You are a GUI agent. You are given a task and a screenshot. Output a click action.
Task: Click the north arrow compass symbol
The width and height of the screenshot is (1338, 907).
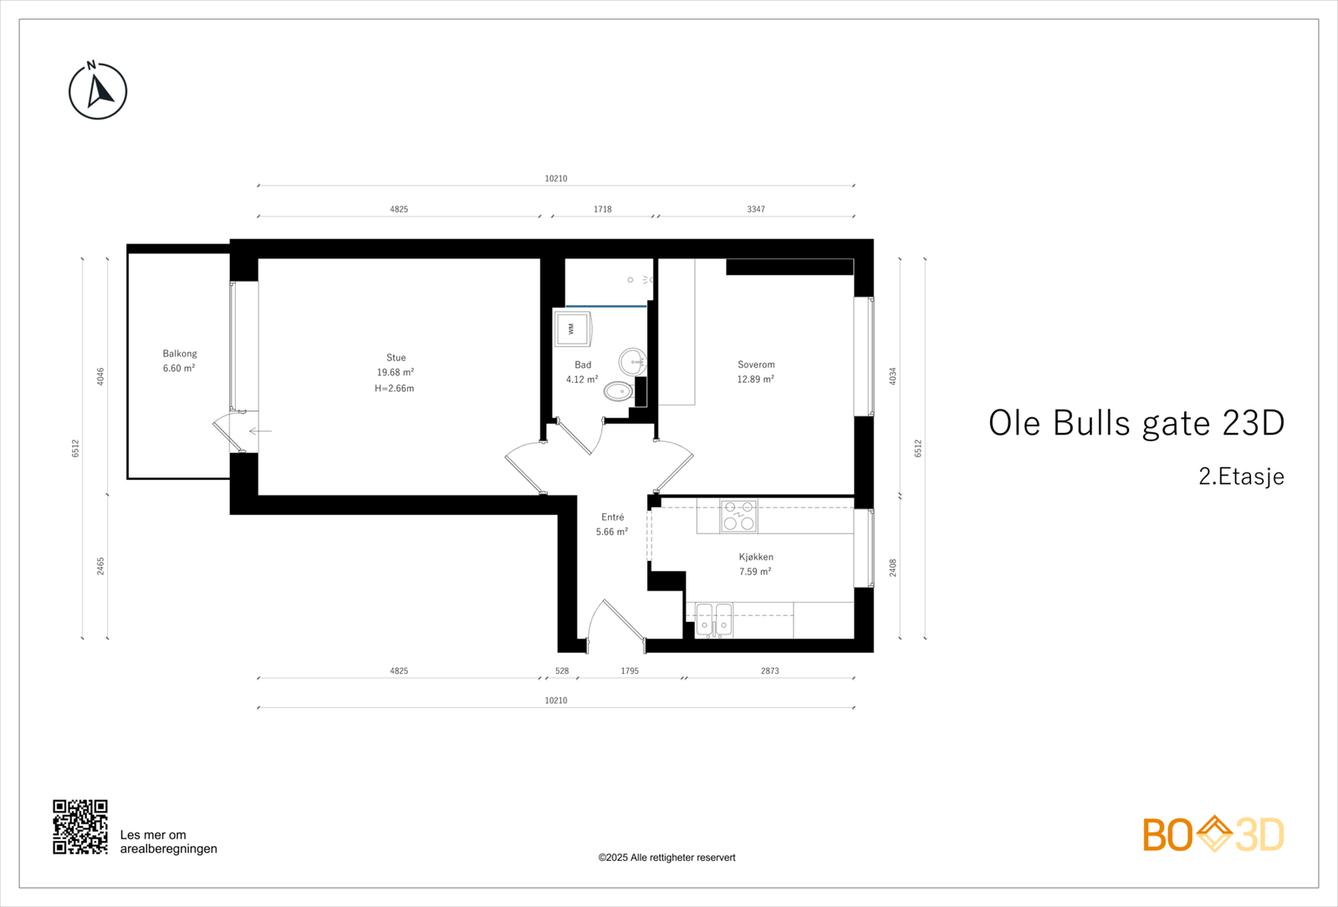pos(98,90)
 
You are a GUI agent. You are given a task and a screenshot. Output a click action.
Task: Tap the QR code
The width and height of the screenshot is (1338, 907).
pos(80,827)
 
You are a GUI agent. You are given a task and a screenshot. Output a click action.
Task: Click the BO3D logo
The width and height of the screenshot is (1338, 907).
pos(1213,834)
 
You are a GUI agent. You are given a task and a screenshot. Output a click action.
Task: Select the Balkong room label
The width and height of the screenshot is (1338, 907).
pos(180,354)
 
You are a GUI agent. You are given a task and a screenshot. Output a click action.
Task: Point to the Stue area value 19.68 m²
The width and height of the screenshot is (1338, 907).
pos(396,373)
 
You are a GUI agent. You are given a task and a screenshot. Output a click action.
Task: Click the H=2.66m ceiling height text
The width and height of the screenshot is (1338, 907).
pos(395,388)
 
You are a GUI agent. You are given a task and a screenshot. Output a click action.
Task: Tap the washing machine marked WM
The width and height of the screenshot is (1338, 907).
pos(572,329)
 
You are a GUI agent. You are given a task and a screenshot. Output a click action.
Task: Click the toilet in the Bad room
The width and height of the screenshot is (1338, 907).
pos(619,390)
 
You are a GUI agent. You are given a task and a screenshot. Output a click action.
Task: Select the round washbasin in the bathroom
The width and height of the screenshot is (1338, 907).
pos(632,362)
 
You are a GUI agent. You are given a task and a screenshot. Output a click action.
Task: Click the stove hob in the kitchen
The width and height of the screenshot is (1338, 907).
pos(738,516)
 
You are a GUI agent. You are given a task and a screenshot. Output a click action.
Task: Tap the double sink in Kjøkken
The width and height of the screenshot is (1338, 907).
pos(713,620)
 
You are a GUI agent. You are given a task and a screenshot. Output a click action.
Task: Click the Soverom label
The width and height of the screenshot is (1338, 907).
pos(756,364)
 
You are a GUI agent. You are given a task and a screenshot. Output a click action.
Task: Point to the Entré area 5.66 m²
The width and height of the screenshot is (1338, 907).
pos(612,532)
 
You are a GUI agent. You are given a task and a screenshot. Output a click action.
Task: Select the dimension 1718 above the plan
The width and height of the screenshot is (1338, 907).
pos(603,209)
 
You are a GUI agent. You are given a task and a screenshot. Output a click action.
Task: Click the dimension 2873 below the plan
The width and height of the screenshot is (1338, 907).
pos(770,670)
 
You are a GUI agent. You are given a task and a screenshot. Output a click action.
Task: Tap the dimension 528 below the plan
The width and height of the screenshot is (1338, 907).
pos(562,670)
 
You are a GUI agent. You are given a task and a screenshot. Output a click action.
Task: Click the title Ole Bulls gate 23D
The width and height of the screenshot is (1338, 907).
pos(1136,423)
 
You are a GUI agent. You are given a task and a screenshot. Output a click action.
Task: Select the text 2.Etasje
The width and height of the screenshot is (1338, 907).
pos(1241,476)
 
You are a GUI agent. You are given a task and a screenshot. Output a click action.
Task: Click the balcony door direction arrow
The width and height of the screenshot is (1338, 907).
pos(260,431)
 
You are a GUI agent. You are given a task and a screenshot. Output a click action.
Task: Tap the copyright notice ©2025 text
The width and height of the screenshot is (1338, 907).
pos(666,858)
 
